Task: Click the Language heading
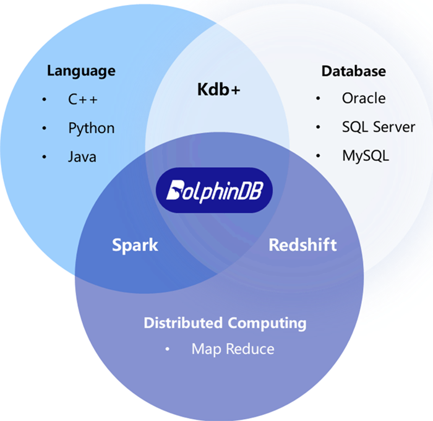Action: (81, 71)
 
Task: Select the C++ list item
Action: (83, 99)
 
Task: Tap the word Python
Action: (91, 128)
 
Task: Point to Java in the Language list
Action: (82, 157)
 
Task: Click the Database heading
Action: (353, 71)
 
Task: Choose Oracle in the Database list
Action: (364, 98)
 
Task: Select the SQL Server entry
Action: (379, 127)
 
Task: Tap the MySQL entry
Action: (366, 155)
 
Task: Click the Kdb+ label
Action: (218, 89)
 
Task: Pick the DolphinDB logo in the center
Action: (213, 190)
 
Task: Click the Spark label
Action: (135, 245)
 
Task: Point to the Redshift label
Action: (302, 245)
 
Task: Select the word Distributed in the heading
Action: (183, 323)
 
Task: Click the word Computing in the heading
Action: (267, 323)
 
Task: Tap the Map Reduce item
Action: (233, 349)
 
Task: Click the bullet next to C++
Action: (44, 100)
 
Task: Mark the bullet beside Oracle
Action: (318, 98)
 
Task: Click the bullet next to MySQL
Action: (318, 156)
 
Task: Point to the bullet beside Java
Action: (44, 157)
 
